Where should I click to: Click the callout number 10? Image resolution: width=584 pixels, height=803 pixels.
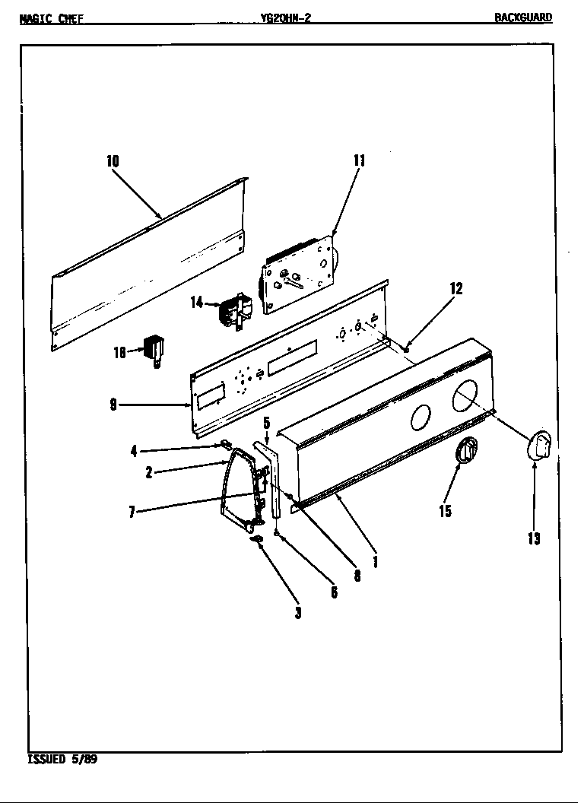(113, 161)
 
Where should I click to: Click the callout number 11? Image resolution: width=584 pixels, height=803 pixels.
(359, 160)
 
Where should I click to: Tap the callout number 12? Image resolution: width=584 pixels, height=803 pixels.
(455, 288)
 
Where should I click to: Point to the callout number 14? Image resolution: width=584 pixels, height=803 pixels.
(197, 303)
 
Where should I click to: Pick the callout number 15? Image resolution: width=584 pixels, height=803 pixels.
(445, 511)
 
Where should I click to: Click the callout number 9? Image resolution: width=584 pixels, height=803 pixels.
(113, 405)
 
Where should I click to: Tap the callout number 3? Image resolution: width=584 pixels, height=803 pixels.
(298, 613)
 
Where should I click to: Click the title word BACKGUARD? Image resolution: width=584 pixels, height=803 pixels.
(523, 17)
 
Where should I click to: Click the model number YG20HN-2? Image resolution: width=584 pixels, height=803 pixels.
(285, 17)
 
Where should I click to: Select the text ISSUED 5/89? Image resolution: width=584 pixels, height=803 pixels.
(62, 759)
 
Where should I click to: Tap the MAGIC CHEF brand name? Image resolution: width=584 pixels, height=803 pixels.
(52, 18)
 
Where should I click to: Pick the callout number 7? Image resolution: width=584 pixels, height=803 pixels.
(132, 512)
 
